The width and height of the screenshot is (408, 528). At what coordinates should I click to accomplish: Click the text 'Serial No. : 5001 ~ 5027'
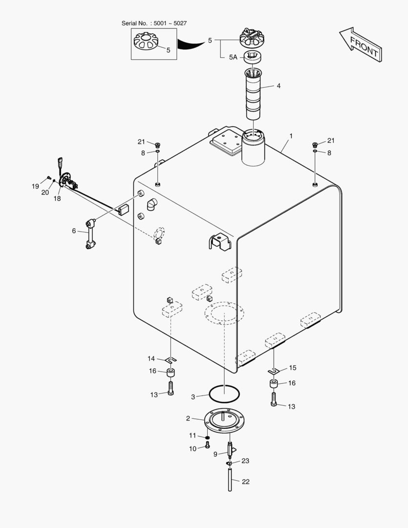pos(154,23)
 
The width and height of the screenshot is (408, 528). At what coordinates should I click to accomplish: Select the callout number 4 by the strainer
pos(279,86)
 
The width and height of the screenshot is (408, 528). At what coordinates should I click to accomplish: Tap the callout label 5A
pos(233,57)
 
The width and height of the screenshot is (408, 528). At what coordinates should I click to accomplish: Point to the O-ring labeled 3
pos(224,392)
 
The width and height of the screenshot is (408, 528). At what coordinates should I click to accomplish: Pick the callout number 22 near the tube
pos(245,482)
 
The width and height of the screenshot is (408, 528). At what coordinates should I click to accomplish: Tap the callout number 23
pos(245,461)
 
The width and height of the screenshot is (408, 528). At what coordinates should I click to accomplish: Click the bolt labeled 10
pos(207,445)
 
